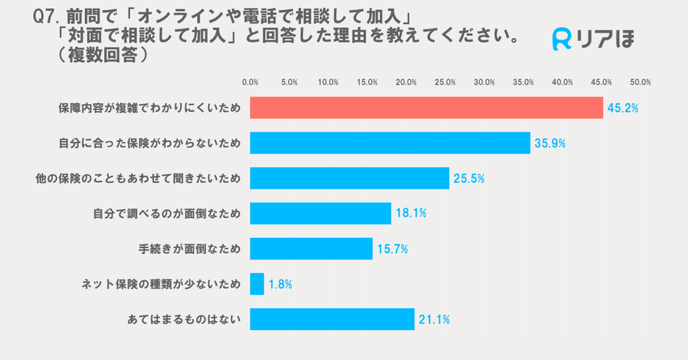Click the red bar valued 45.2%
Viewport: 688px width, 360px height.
[426, 108]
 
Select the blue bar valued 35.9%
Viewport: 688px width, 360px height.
[390, 143]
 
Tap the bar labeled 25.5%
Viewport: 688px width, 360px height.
[349, 178]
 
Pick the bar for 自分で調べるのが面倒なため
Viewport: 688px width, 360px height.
[321, 213]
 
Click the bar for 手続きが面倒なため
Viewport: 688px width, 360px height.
[311, 249]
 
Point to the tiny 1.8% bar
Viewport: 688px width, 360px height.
[257, 284]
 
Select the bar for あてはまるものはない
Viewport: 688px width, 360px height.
[332, 319]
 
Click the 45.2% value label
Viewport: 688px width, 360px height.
[622, 108]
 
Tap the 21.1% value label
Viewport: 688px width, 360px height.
[433, 320]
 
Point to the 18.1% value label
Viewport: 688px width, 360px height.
[410, 214]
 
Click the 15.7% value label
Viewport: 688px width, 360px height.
[392, 250]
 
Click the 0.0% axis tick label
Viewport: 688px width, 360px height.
[250, 82]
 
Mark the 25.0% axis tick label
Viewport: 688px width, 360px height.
[445, 82]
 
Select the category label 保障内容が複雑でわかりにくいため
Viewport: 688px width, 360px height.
[149, 108]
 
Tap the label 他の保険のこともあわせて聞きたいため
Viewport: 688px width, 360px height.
[138, 179]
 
